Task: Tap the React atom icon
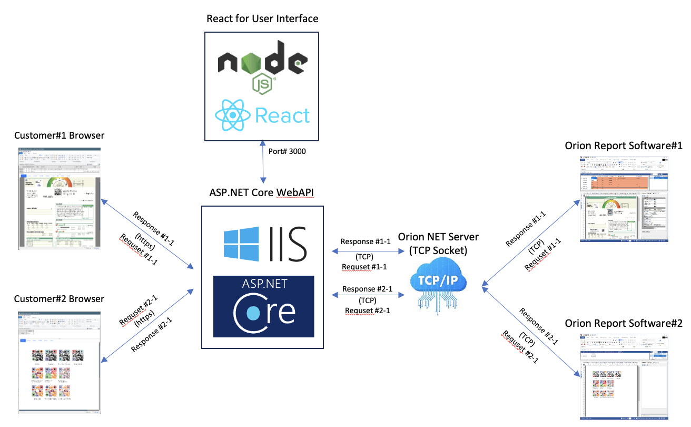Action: point(232,114)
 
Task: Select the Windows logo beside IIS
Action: point(241,244)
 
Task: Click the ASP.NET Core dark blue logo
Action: point(263,306)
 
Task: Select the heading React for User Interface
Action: point(262,18)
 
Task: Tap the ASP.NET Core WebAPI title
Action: point(262,192)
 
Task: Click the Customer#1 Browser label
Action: point(59,135)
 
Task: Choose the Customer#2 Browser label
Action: point(59,299)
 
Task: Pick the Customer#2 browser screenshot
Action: point(59,362)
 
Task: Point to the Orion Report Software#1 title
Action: point(624,145)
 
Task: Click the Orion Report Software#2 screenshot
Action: point(624,376)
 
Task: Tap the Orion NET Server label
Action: point(439,237)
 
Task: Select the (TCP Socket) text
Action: point(439,250)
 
